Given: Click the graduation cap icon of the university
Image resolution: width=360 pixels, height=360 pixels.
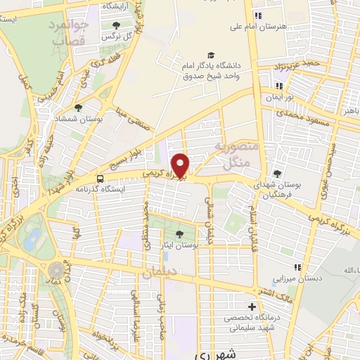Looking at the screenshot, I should point(210,56).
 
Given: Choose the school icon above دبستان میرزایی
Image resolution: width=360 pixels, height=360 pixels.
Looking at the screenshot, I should point(298,266).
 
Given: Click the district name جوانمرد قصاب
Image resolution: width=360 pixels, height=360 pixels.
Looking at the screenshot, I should point(69,34).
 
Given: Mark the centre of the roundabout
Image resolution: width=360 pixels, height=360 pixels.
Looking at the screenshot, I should point(56,270).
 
